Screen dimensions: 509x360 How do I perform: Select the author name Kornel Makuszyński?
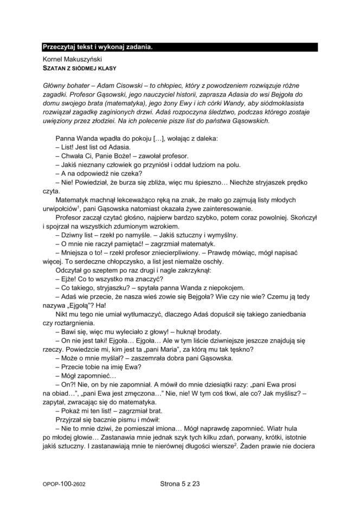click(x=72, y=59)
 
